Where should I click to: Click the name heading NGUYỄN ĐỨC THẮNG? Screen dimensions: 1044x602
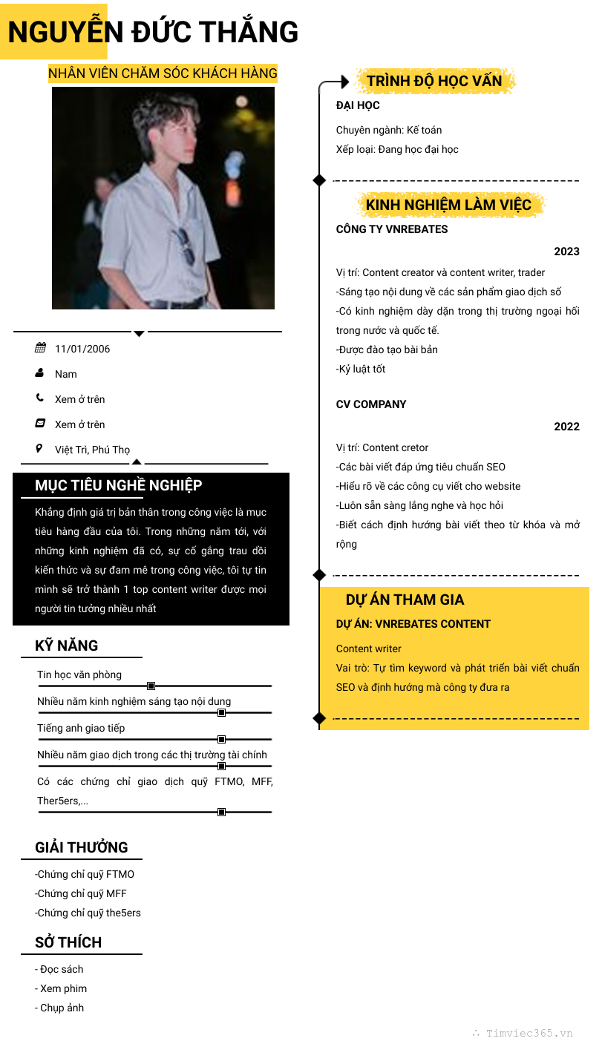point(153,33)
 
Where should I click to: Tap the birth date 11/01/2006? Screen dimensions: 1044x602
point(82,349)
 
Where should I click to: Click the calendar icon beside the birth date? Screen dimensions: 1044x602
point(40,348)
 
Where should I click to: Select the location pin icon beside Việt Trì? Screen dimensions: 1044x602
point(39,448)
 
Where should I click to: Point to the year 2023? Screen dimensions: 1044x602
point(566,252)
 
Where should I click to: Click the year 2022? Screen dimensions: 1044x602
point(566,427)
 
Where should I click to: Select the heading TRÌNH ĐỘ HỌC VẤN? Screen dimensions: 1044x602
point(434,81)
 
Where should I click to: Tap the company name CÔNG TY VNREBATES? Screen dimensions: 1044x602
point(392,229)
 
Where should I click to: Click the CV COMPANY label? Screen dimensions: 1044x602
point(371,404)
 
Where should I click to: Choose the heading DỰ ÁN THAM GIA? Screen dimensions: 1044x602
point(405,600)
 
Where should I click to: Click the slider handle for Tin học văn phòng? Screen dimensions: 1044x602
point(151,686)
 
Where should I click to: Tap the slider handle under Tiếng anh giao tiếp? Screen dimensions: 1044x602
point(221,740)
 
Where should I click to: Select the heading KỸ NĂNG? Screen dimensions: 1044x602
point(67,646)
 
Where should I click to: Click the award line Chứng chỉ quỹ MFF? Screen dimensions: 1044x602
point(81,893)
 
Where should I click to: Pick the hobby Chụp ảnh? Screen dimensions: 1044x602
point(61,1008)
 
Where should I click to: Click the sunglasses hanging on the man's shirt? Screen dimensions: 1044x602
point(185,246)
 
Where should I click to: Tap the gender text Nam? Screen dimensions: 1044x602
point(66,374)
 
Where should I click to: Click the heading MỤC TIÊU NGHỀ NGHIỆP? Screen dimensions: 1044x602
point(119,485)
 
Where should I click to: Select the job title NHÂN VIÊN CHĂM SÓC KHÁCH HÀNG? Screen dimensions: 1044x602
point(163,73)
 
